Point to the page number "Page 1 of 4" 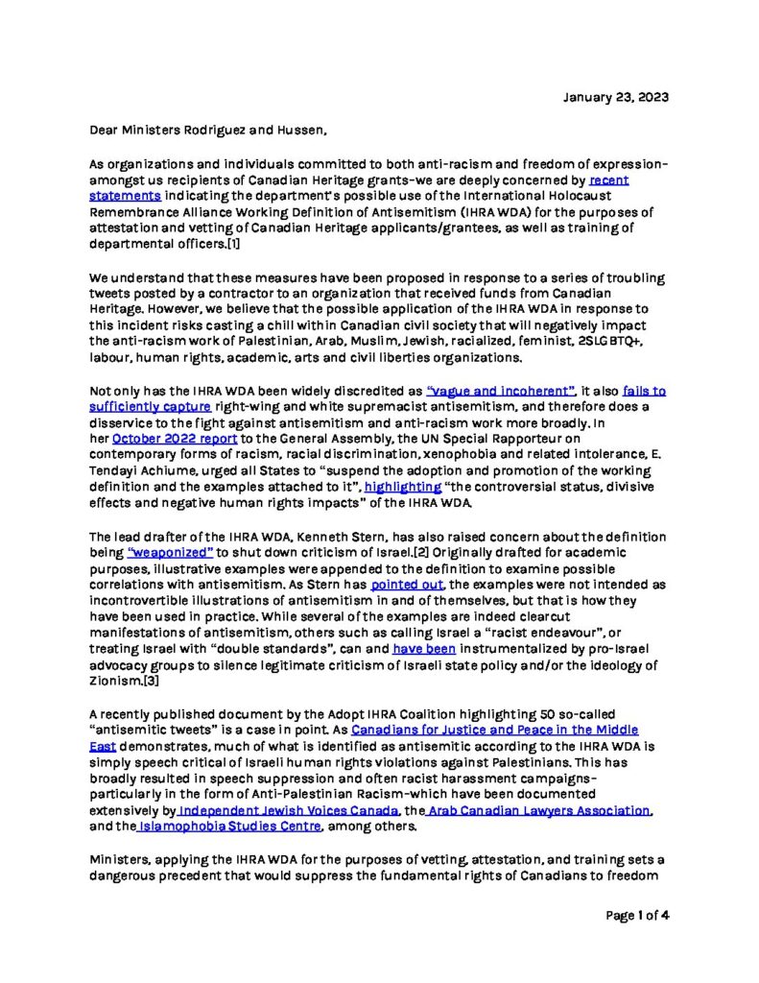[x=636, y=915]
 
